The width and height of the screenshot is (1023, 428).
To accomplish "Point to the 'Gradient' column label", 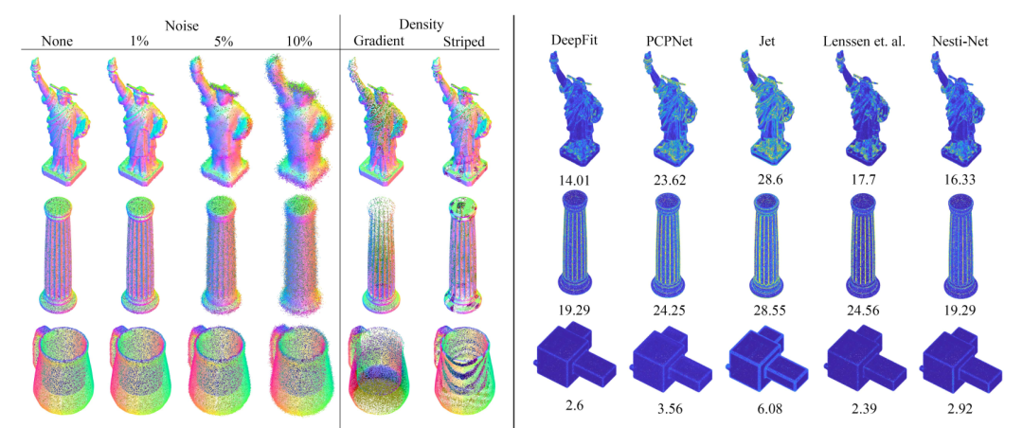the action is click(x=379, y=42).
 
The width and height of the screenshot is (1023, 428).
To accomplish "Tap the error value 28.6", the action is click(x=762, y=179).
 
